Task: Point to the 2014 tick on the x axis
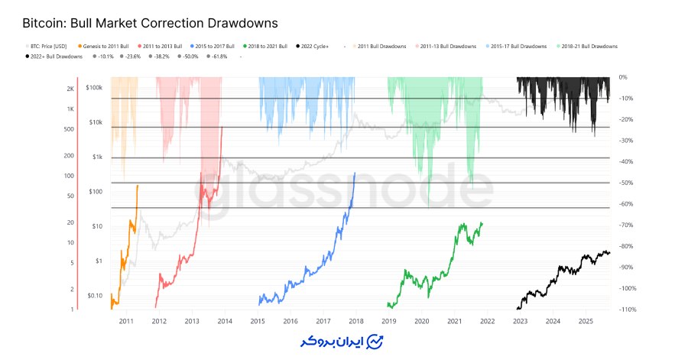225,322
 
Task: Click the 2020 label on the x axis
421,322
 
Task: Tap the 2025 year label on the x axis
585,322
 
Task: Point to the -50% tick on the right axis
625,183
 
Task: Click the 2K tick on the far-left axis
70,89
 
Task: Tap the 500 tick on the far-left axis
70,129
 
